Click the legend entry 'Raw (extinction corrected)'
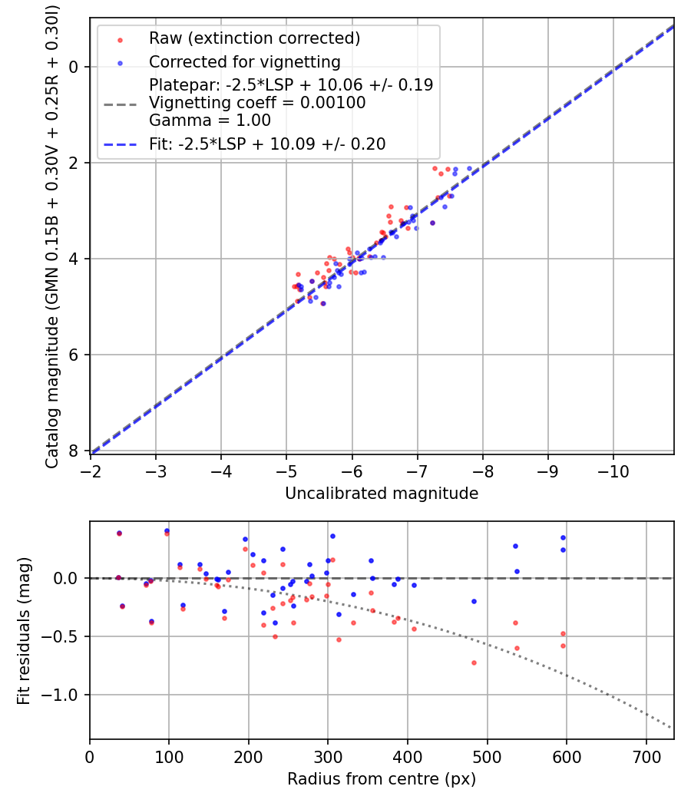pos(254,38)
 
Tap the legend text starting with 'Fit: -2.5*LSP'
pos(267,144)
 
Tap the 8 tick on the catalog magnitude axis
pos(74,451)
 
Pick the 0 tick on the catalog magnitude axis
pos(74,67)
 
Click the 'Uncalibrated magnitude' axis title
pos(382,494)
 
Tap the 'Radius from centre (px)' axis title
pos(382,779)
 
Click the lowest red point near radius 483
pos(474,662)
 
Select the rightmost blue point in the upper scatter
pos(469,168)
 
